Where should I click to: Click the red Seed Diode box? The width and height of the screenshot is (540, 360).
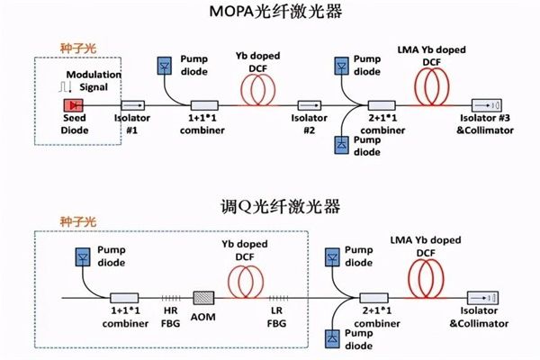click(69, 105)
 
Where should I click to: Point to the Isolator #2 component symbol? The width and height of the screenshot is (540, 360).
click(305, 105)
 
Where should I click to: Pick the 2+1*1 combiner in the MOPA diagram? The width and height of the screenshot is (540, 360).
click(382, 105)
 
